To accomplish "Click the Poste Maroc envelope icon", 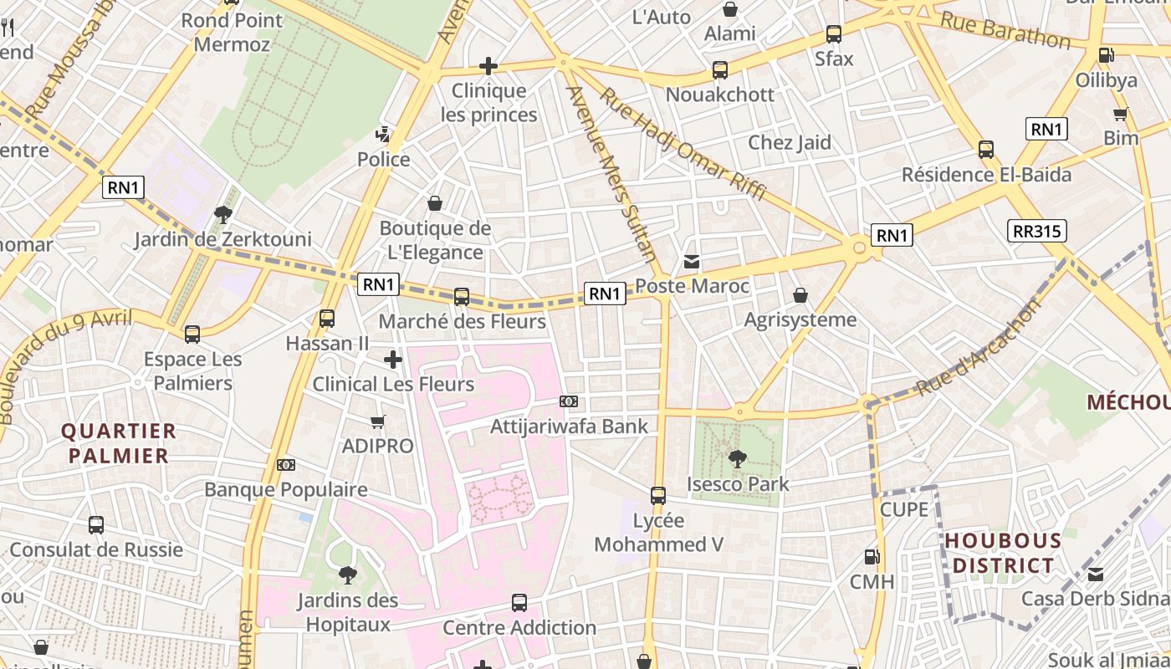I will point(692,262).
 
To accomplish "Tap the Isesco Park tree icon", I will point(738,458).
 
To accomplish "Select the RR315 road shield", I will point(1037,231).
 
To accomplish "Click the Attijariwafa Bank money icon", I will point(570,402).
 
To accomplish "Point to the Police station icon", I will point(383,133).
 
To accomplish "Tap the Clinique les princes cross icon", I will point(488,65).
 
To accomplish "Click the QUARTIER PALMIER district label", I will point(119,443).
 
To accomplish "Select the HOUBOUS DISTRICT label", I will point(1003,553).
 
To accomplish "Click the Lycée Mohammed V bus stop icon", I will point(658,495).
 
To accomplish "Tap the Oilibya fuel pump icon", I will point(1106,55).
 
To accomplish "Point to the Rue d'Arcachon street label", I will point(979,348).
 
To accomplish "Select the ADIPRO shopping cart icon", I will point(378,422).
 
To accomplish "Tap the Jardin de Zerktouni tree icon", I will point(222,215).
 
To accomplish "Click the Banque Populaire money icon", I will point(286,465).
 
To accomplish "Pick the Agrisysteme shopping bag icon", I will point(800,295).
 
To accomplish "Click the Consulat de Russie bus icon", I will point(96,525).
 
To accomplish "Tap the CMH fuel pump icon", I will point(872,556).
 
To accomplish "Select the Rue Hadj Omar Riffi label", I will point(683,145).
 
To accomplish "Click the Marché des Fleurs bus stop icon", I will point(462,296).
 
